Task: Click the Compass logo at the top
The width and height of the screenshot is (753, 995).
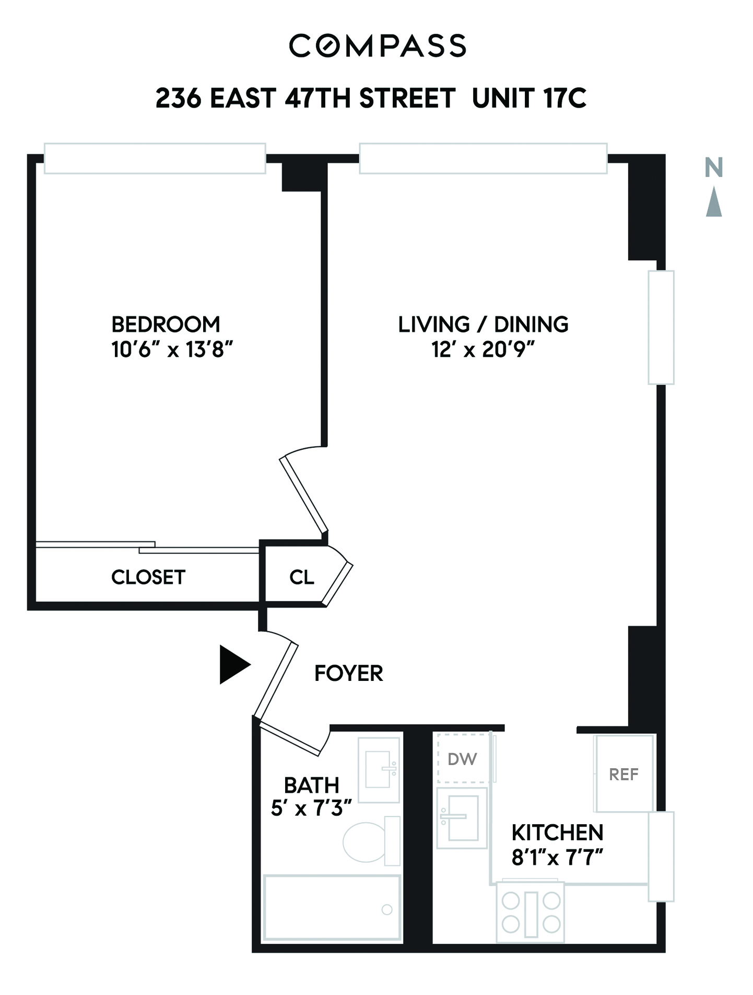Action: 377,45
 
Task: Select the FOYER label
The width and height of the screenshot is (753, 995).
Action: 348,673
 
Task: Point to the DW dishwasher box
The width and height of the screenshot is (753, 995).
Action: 463,758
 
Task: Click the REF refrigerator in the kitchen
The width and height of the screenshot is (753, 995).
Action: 624,773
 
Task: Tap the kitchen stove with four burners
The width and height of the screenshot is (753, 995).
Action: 531,912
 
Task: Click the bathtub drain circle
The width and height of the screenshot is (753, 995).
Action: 387,909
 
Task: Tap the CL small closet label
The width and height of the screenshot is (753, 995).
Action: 302,577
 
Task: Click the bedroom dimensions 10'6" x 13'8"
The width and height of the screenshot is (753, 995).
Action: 172,349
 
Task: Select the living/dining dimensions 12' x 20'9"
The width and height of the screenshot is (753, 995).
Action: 483,349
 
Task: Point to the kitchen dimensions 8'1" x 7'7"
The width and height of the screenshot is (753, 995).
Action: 557,858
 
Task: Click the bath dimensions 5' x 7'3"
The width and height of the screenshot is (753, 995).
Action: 311,808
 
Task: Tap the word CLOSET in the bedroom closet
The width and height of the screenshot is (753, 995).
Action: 148,577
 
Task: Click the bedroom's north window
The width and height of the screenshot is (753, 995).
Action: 155,158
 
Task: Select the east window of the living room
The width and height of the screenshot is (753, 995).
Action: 661,327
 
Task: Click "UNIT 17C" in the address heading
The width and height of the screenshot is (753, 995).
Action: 529,98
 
